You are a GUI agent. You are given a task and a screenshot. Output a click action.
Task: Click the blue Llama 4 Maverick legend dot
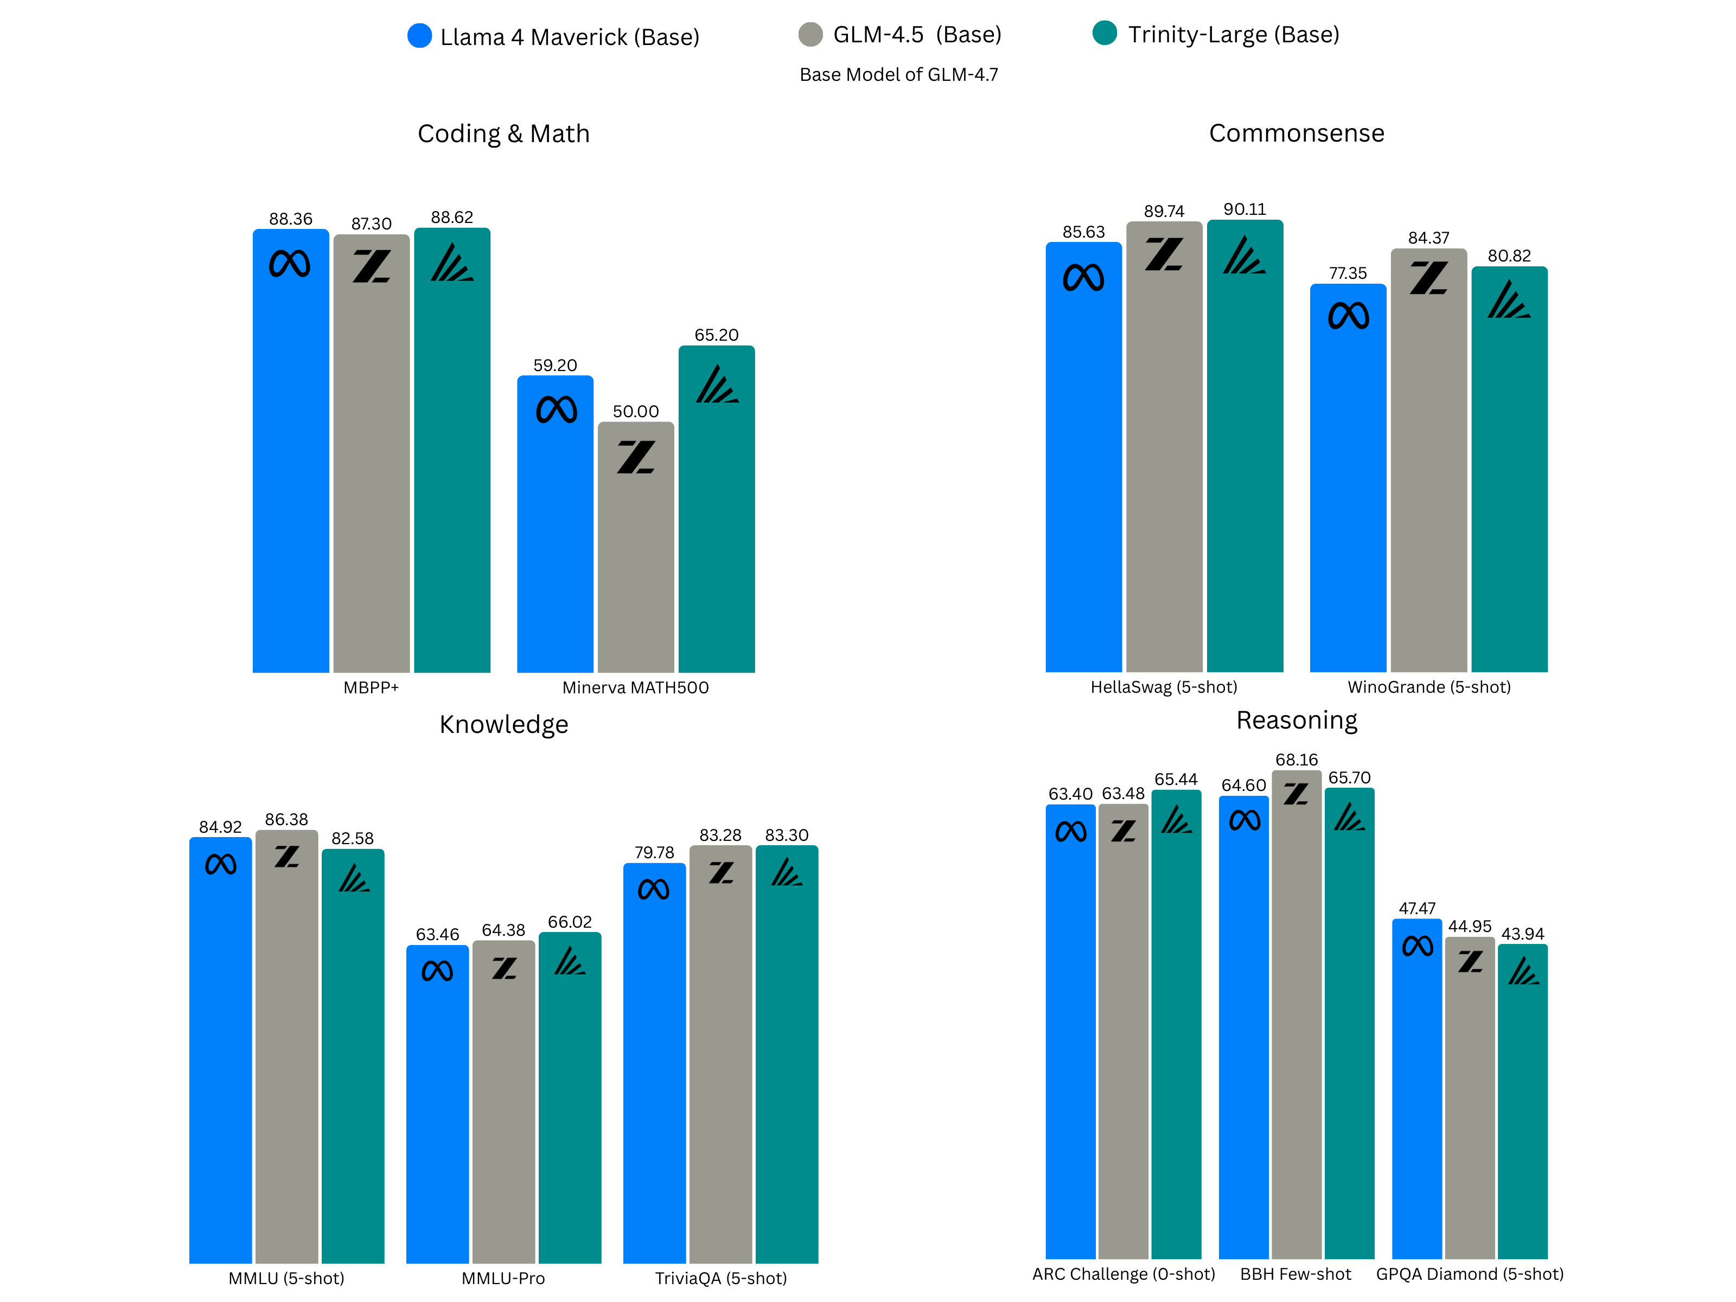pyautogui.click(x=419, y=36)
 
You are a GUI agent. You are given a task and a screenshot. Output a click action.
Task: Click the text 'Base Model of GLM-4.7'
pyautogui.click(x=898, y=74)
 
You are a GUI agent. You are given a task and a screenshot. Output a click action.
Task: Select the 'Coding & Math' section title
pyautogui.click(x=503, y=133)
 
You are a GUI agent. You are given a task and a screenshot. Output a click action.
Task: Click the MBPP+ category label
pyautogui.click(x=371, y=687)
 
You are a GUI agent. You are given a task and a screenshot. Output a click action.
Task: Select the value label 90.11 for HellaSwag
pyautogui.click(x=1244, y=209)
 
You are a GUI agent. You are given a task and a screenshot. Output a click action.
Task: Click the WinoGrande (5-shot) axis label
pyautogui.click(x=1428, y=687)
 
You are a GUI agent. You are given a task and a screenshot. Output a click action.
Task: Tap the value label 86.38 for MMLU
pyautogui.click(x=286, y=819)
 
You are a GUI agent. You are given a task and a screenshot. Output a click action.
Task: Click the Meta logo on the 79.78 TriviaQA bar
pyautogui.click(x=653, y=889)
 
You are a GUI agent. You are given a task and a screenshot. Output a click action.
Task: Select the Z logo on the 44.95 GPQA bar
pyautogui.click(x=1470, y=961)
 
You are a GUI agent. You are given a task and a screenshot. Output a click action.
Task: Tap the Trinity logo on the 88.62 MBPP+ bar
pyautogui.click(x=451, y=263)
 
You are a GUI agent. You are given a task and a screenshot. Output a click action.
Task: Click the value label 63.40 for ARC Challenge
pyautogui.click(x=1070, y=794)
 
